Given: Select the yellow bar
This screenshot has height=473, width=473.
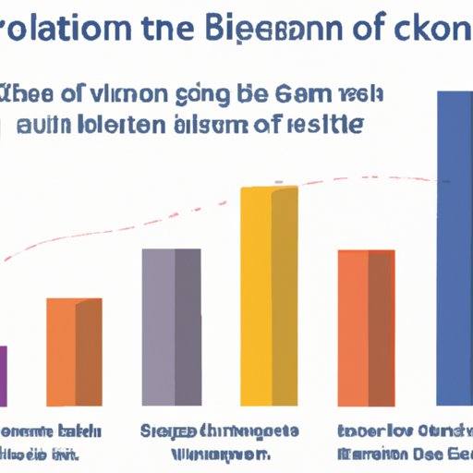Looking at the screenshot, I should point(270,296).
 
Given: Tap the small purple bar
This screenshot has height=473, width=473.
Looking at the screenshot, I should point(4,374).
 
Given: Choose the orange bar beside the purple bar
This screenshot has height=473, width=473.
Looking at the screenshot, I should point(74,351).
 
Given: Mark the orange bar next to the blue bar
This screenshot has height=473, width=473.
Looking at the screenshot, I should point(366,327).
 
